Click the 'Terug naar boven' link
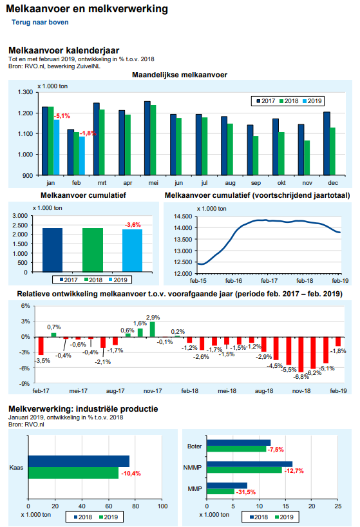pos(40,22)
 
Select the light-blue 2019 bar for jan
pos(57,147)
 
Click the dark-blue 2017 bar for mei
pos(147,138)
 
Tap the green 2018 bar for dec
pos(332,151)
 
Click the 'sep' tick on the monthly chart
pos(256,183)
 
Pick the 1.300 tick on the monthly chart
pos(26,92)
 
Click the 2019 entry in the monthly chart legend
pos(312,101)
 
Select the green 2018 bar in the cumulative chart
pos(93,250)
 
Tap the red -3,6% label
pos(133,224)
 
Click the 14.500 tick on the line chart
pos(184,216)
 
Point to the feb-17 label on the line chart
pos(269,281)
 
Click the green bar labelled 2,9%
pos(153,329)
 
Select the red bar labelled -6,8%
pos(301,354)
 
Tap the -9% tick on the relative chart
pos(26,383)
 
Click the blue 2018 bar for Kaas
pos(79,461)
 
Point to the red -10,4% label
pos(131,474)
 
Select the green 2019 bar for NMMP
pos(245,470)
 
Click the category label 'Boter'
pos(194,446)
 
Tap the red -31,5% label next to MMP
pos(246,492)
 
